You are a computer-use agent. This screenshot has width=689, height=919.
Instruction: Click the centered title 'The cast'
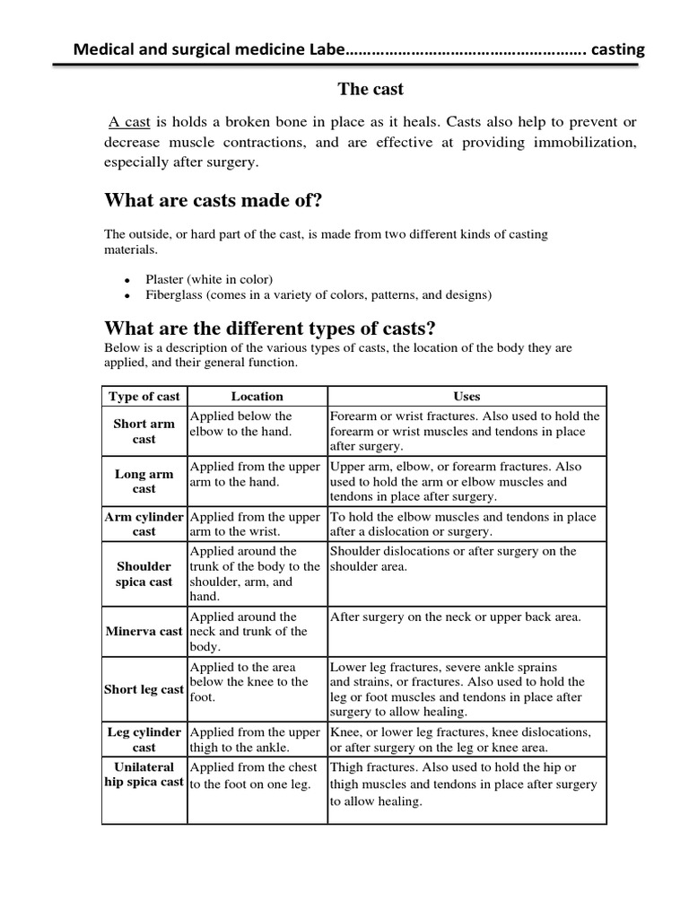(371, 89)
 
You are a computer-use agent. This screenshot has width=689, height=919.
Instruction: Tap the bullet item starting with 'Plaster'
(215, 278)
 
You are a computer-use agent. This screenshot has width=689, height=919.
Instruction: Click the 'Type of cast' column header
(144, 396)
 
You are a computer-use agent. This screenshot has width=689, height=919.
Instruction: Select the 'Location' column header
(257, 396)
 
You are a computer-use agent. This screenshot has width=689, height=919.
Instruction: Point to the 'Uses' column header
(467, 396)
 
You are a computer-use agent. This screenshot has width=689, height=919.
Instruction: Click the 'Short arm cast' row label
(144, 431)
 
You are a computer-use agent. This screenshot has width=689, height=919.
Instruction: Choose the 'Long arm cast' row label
(144, 481)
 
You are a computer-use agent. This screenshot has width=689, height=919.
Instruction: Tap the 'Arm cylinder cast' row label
(144, 524)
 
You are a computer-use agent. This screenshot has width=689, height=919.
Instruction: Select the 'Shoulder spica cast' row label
(144, 573)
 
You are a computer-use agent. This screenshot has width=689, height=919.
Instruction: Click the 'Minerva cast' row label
(144, 631)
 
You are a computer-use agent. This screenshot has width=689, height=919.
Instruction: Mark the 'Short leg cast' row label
(144, 689)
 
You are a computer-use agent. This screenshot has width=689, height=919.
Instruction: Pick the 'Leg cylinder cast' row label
(144, 740)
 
